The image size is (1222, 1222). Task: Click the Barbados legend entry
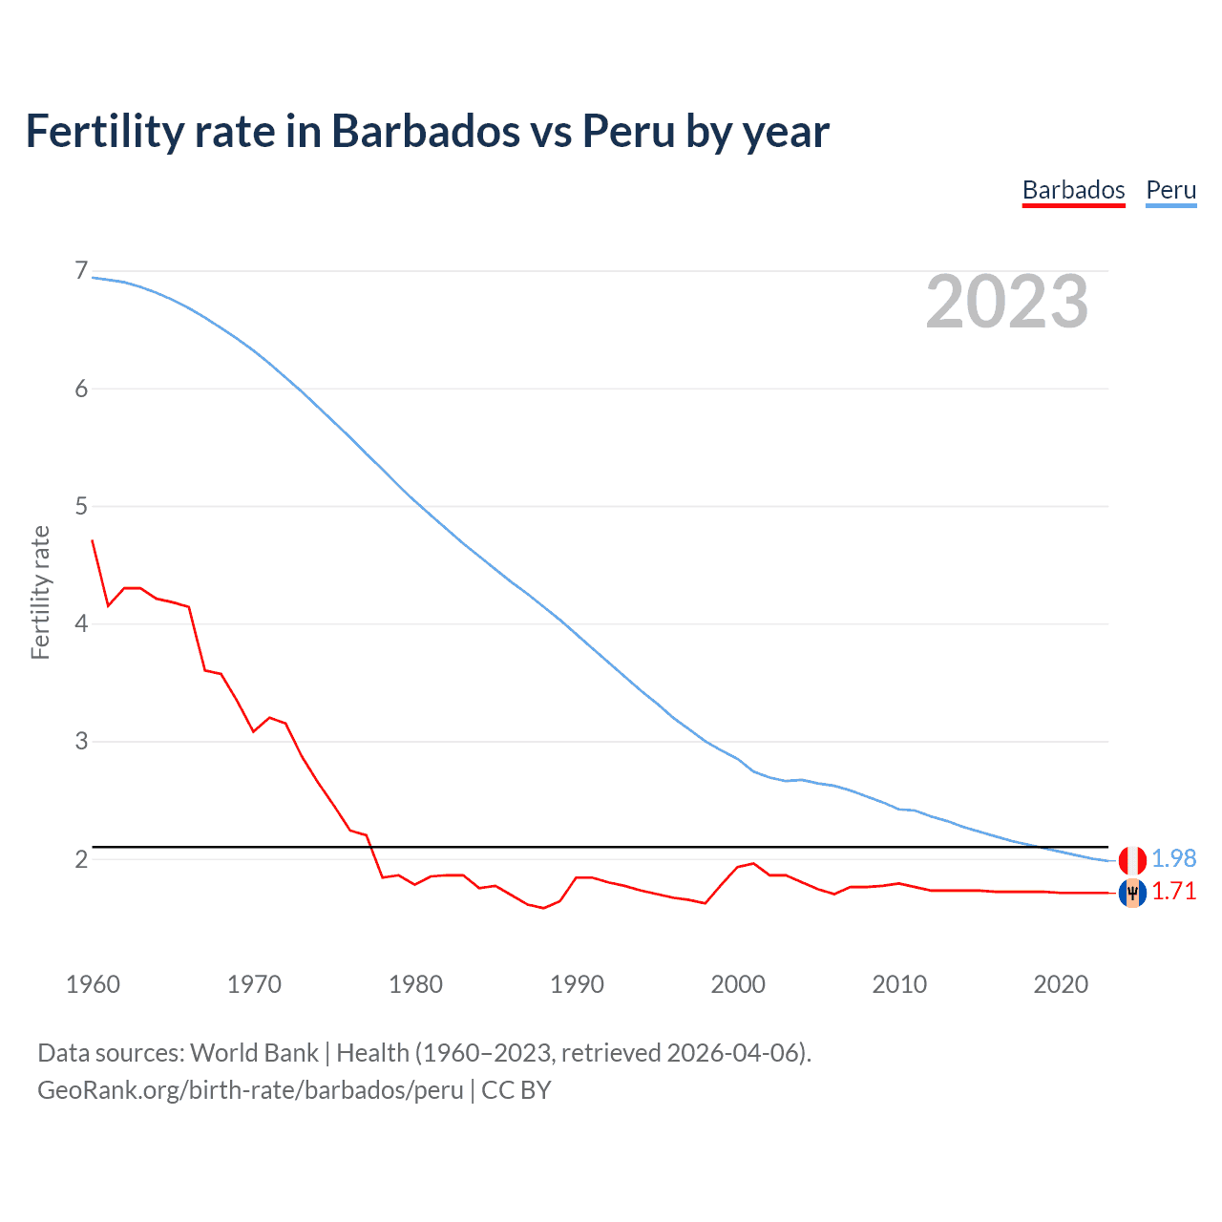click(1073, 190)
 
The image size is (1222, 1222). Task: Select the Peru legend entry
click(1170, 190)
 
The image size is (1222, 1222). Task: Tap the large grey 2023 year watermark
click(1007, 302)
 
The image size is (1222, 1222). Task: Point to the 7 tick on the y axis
click(81, 271)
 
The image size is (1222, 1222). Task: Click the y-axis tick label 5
click(81, 506)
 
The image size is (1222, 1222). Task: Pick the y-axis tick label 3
click(81, 741)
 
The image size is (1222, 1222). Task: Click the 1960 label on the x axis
click(93, 984)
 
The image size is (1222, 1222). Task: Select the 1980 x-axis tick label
click(415, 984)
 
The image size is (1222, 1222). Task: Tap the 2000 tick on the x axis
click(738, 984)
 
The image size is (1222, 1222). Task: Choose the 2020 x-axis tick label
click(1061, 984)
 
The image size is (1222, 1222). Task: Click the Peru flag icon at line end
click(1132, 859)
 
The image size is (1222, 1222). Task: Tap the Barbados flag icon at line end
click(1132, 894)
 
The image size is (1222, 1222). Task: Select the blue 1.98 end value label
click(1173, 859)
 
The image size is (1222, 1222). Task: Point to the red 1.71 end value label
click(1173, 892)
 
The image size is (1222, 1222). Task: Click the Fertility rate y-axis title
click(40, 592)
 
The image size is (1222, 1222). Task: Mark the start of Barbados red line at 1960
click(93, 540)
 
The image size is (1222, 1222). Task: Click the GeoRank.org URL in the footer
click(250, 1090)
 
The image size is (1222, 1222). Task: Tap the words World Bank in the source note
click(254, 1053)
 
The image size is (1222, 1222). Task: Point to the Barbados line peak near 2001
click(753, 863)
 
